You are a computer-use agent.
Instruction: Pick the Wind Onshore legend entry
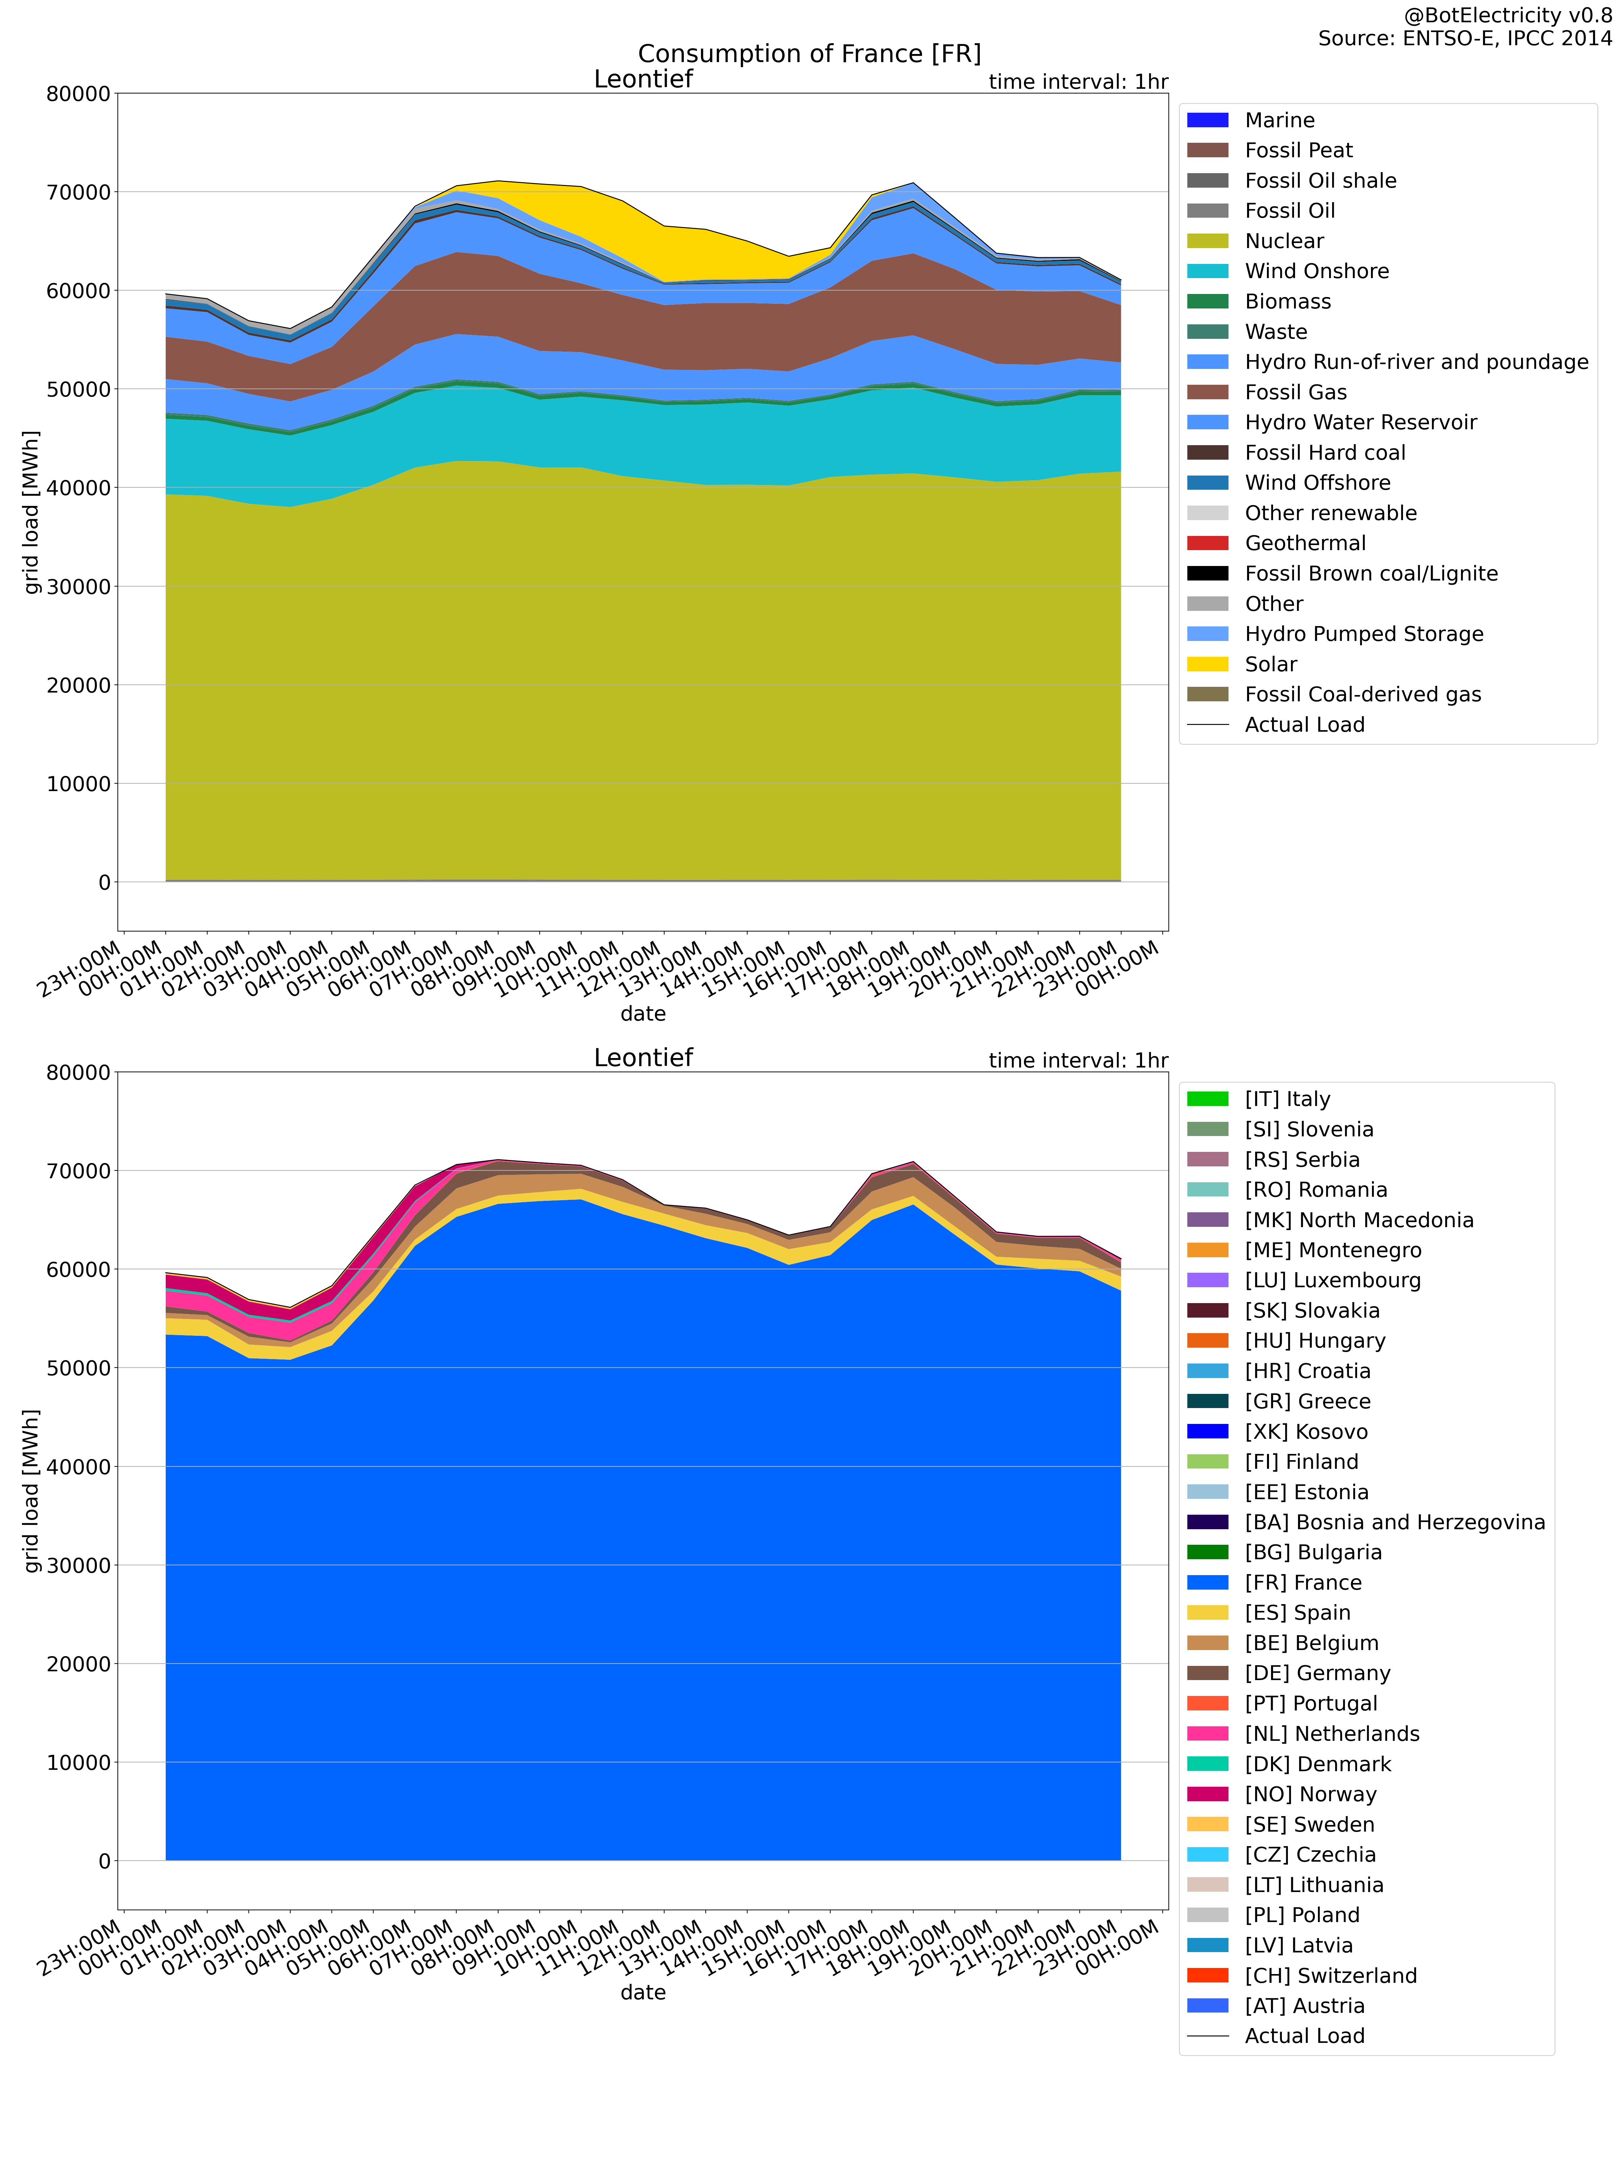pyautogui.click(x=1315, y=271)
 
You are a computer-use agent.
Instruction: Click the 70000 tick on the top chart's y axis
pyautogui.click(x=78, y=192)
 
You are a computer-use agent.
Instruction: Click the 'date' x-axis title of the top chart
pyautogui.click(x=643, y=1014)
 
